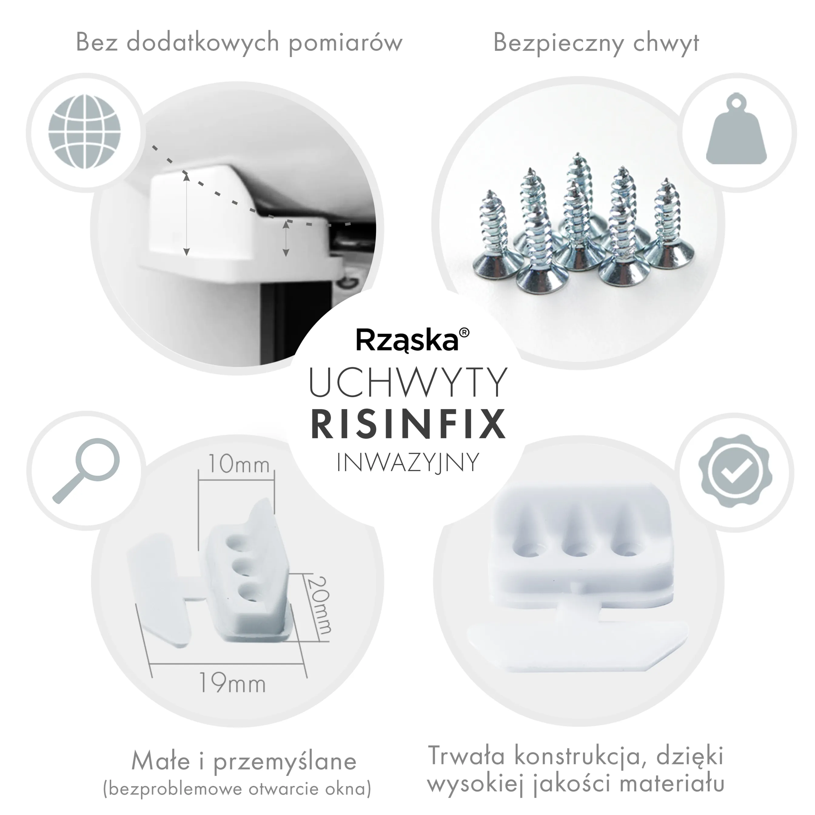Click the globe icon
pyautogui.click(x=84, y=132)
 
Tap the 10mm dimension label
pyautogui.click(x=238, y=465)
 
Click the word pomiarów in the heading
pyautogui.click(x=345, y=43)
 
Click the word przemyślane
pyautogui.click(x=286, y=749)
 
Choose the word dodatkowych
pyautogui.click(x=203, y=43)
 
